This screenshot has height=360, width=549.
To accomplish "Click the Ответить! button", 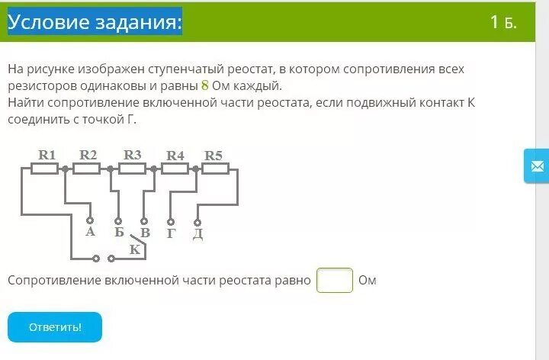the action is pyautogui.click(x=55, y=326).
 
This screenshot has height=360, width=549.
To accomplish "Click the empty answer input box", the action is pyautogui.click(x=335, y=280).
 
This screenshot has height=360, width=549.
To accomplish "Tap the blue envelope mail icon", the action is pyautogui.click(x=537, y=166).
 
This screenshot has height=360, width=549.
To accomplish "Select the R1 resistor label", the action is pyautogui.click(x=48, y=155).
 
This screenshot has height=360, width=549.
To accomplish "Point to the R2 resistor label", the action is pyautogui.click(x=88, y=155).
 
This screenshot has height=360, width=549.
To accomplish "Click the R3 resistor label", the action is pyautogui.click(x=133, y=155).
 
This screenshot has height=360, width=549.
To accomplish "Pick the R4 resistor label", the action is pyautogui.click(x=175, y=155).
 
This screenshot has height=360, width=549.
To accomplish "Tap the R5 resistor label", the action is pyautogui.click(x=213, y=155).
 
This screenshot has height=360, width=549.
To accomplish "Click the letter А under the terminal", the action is pyautogui.click(x=90, y=232).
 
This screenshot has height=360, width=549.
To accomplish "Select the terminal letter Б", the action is pyautogui.click(x=119, y=232).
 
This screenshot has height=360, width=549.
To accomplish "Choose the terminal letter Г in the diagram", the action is pyautogui.click(x=171, y=233).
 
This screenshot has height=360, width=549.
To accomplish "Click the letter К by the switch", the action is pyautogui.click(x=135, y=249).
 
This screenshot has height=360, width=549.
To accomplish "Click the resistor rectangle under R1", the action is pyautogui.click(x=45, y=169).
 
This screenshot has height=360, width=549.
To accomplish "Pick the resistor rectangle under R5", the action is pyautogui.click(x=216, y=169).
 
